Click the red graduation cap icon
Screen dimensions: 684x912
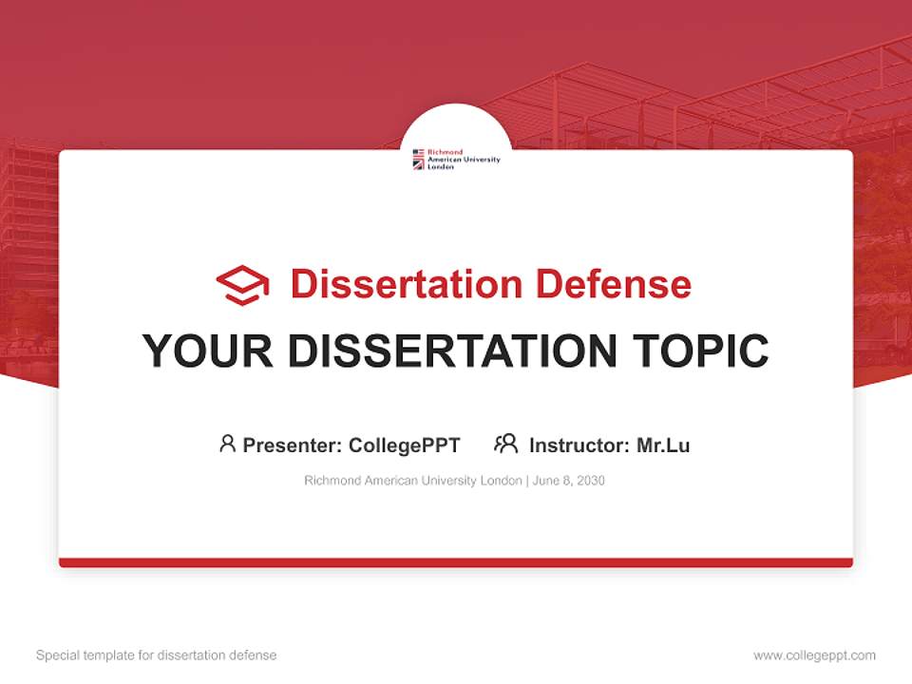click(242, 285)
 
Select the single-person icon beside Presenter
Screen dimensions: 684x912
click(227, 444)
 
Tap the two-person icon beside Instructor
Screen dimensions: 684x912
click(505, 444)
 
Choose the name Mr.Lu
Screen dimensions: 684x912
click(663, 445)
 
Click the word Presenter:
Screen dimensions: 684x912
click(293, 445)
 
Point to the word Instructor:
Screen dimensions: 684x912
click(579, 445)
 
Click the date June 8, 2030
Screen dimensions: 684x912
click(569, 481)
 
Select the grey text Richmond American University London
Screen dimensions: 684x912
click(413, 481)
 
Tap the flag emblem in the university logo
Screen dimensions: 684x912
click(418, 159)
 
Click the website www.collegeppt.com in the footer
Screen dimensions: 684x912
click(814, 655)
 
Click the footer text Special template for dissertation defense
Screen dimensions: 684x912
click(156, 655)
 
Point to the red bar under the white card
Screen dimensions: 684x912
click(456, 562)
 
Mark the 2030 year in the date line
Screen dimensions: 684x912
click(591, 481)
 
